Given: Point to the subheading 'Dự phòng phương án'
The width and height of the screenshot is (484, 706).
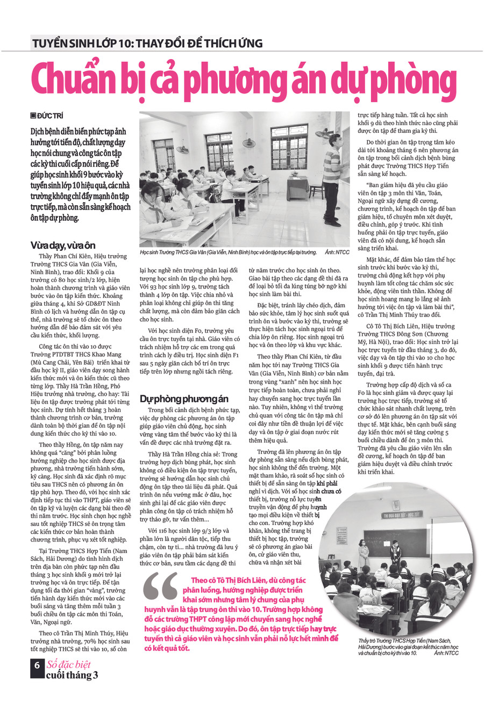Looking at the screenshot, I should click(x=184, y=399).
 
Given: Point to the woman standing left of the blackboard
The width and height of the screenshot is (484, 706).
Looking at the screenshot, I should click(x=364, y=551).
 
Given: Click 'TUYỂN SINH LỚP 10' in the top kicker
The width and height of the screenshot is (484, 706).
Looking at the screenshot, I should click(x=79, y=43).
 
